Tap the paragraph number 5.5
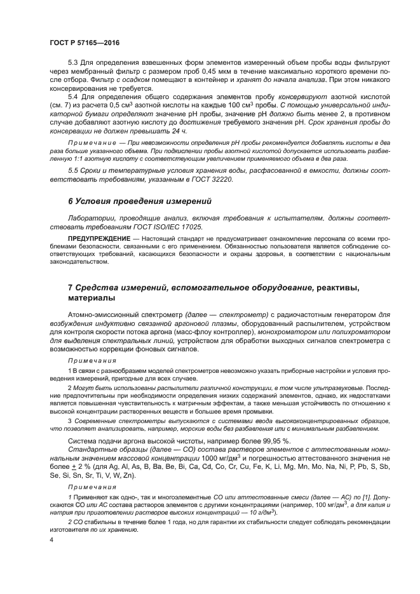[74, 172]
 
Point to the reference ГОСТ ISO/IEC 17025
[169, 227]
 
